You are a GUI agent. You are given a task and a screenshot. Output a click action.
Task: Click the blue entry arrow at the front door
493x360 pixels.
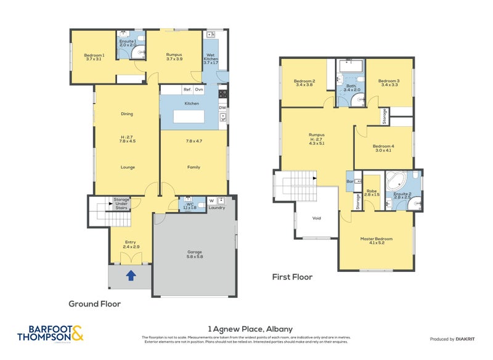point(131,276)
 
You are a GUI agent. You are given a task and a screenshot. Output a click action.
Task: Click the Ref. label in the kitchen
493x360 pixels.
point(187,90)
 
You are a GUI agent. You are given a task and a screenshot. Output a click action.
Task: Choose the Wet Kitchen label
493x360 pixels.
point(211,60)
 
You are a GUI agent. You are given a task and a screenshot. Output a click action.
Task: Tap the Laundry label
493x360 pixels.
point(216,208)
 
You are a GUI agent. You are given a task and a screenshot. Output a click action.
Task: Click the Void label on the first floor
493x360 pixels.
point(317,218)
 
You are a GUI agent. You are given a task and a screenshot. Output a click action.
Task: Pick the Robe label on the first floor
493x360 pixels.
point(371,192)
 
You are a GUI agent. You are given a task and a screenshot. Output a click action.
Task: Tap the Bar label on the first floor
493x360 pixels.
point(350,182)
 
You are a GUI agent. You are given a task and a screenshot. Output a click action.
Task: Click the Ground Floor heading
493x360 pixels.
point(94,304)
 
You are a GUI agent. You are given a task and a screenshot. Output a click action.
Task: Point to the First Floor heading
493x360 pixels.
point(292,277)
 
